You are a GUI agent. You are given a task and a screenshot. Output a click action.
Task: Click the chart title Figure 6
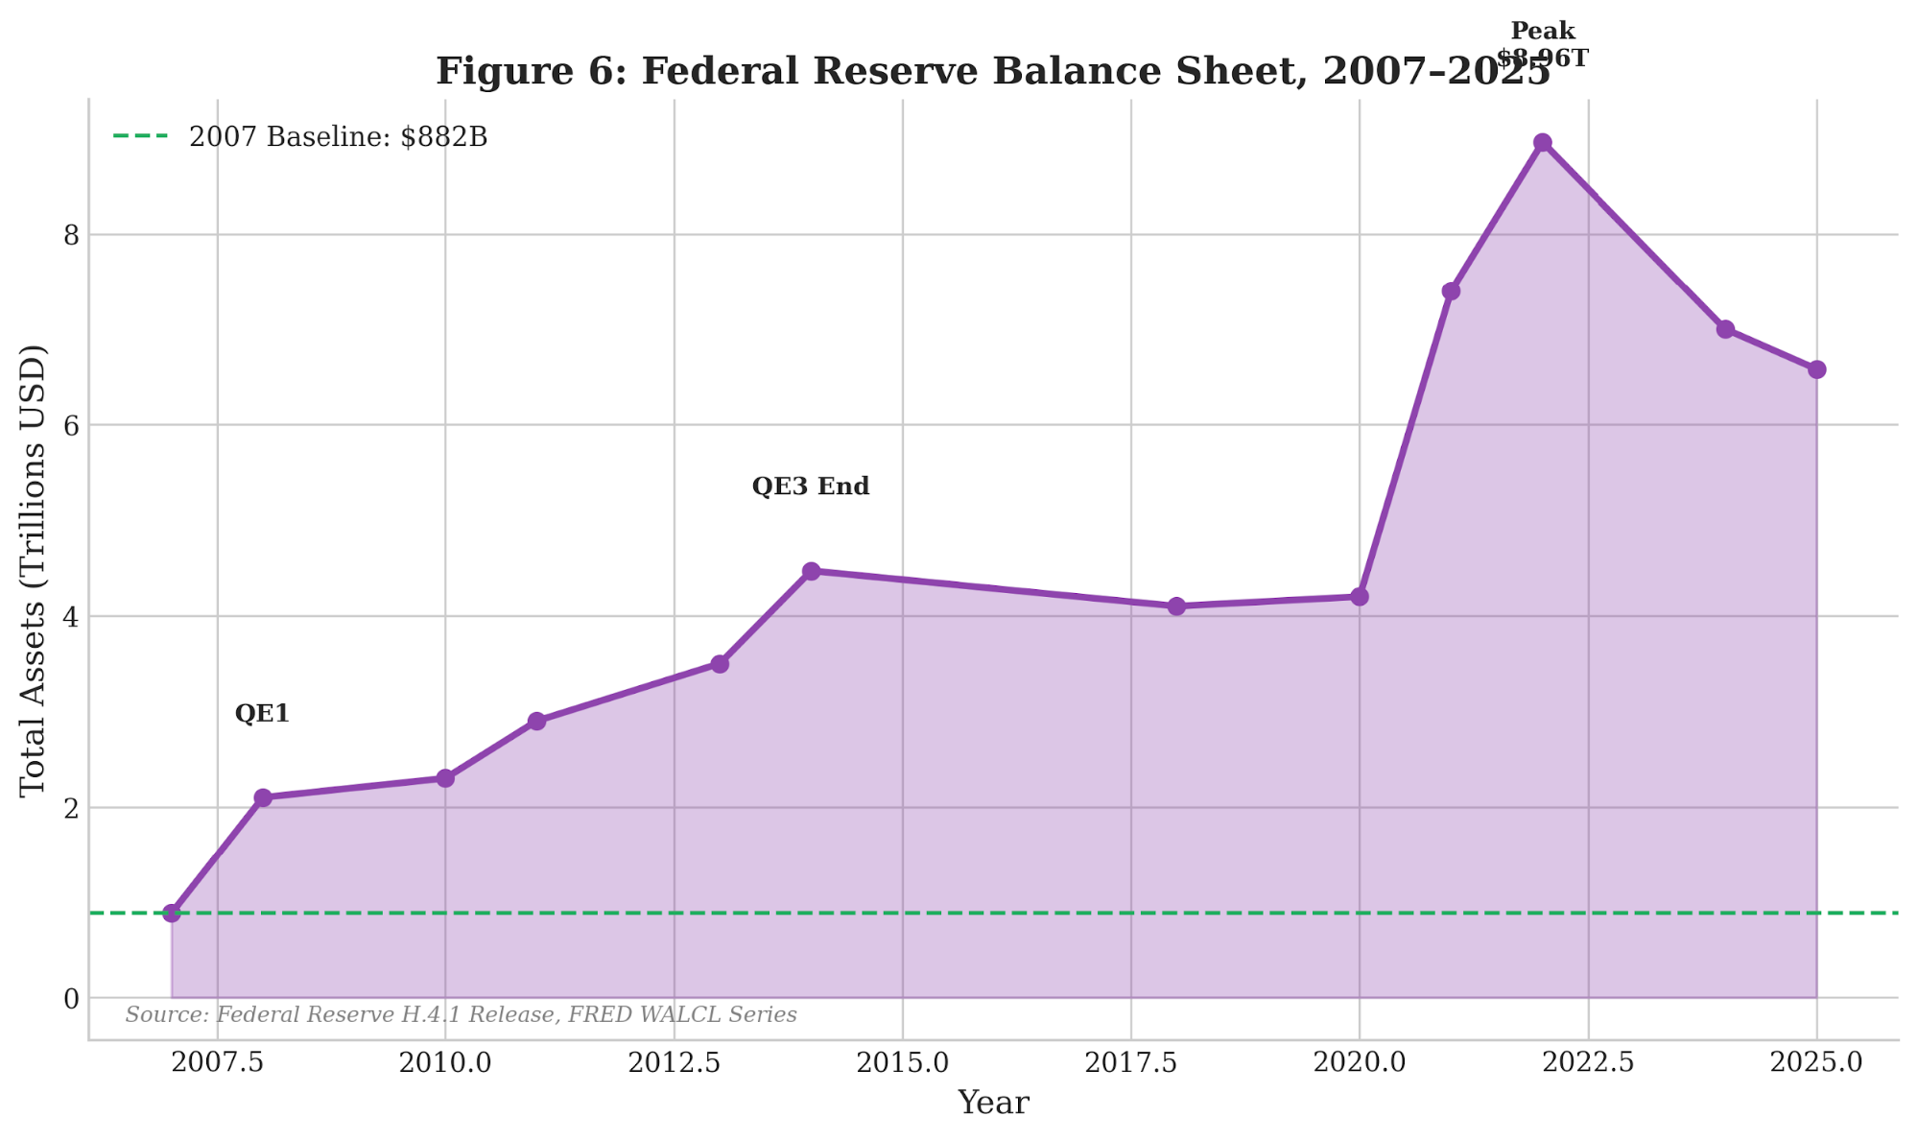click(993, 72)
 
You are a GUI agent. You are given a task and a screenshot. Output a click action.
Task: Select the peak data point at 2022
click(1542, 143)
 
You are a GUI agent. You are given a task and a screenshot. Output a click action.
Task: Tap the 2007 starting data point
click(172, 913)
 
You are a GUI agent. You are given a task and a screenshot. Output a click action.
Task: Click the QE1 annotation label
click(262, 713)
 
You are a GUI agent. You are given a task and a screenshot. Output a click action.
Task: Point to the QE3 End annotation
click(811, 487)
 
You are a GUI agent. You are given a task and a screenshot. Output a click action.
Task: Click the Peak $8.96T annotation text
click(1542, 45)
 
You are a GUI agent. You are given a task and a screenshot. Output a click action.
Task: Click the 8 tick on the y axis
click(71, 235)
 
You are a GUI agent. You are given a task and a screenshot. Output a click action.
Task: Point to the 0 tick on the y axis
click(71, 999)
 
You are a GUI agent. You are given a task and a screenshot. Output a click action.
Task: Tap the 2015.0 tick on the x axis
click(902, 1062)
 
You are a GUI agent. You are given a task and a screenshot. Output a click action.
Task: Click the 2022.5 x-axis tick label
click(1588, 1062)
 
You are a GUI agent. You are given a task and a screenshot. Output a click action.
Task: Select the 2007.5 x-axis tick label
click(218, 1062)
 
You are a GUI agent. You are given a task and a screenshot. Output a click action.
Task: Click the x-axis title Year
click(993, 1103)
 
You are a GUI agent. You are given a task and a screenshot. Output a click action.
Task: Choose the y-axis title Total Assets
click(33, 570)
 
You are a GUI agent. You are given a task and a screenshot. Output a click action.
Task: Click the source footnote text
click(461, 1015)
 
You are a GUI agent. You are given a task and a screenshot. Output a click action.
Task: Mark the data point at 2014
click(811, 571)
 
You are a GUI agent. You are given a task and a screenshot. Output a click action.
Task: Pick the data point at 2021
click(1451, 291)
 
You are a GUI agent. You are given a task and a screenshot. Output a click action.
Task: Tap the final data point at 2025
click(1816, 369)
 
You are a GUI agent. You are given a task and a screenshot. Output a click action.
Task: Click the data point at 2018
click(1176, 606)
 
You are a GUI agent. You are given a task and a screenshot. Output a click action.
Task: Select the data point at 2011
click(536, 721)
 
